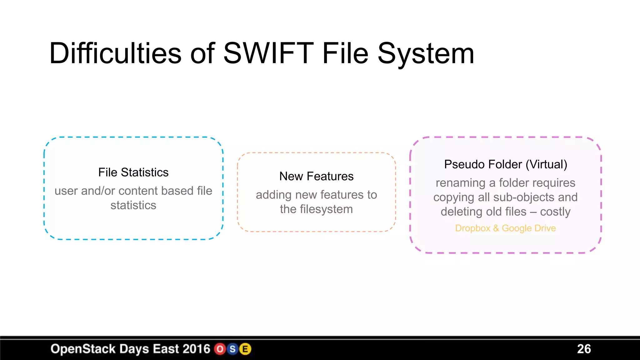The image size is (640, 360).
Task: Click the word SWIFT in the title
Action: pos(268,53)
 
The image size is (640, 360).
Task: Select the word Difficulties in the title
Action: pos(115,53)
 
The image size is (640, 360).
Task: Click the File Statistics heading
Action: pos(133,172)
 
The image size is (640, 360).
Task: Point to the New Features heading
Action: pos(316,177)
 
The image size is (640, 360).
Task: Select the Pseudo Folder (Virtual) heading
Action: pos(505,165)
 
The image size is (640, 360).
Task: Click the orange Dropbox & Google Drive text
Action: pos(505,228)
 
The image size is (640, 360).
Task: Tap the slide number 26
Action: pos(584,349)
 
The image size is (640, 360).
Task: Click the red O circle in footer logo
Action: pos(220,349)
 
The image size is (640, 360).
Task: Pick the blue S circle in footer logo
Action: pos(232,349)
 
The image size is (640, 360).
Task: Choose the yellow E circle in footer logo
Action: pos(245,349)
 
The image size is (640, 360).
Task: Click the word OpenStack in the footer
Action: pos(83,349)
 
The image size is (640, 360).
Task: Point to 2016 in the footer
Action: pos(196,349)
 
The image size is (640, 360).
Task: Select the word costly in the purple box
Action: pos(555,212)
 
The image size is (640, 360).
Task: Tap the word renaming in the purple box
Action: pos(460,183)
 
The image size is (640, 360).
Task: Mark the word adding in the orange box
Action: pos(273,195)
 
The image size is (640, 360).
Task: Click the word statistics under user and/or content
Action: pos(133,206)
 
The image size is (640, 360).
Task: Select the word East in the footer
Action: pos(166,349)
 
